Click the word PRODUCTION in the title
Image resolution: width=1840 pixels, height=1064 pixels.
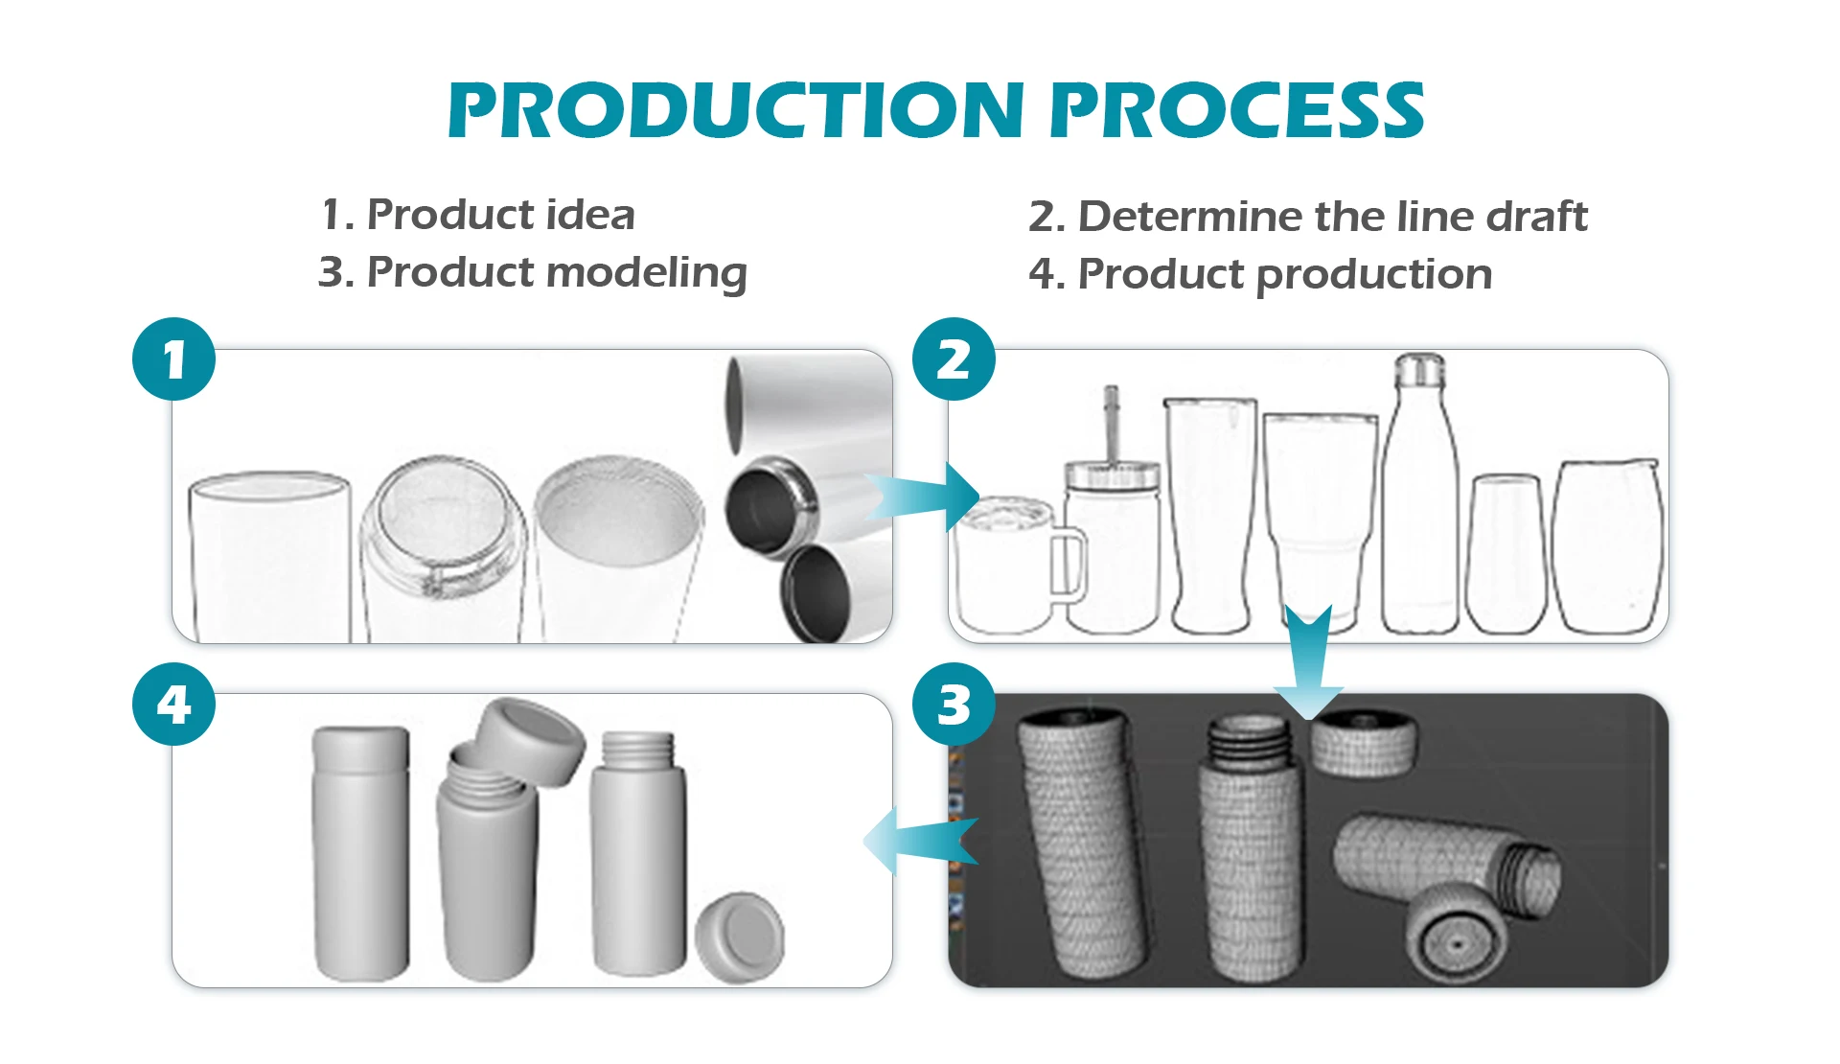click(736, 110)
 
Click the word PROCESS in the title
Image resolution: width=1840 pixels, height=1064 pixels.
click(1237, 110)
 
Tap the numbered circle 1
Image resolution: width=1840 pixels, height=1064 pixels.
click(173, 359)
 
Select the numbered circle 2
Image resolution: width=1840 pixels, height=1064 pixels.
click(954, 359)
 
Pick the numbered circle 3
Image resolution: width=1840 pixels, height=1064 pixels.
click(954, 705)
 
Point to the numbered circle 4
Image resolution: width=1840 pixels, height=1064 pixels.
click(173, 705)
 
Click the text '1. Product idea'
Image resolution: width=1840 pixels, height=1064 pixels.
click(478, 215)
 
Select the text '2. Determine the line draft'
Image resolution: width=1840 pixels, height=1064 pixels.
click(1308, 217)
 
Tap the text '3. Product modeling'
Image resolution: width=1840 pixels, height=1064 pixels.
click(532, 273)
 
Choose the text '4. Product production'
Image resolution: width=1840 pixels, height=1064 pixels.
click(1260, 274)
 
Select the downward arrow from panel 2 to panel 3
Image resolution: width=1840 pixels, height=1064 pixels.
click(1308, 661)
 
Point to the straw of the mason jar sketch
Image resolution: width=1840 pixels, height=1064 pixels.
click(1111, 423)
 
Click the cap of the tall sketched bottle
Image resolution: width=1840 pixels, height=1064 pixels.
click(1419, 369)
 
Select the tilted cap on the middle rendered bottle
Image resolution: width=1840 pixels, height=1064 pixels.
click(531, 741)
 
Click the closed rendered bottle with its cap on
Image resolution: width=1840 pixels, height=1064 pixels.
click(361, 853)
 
